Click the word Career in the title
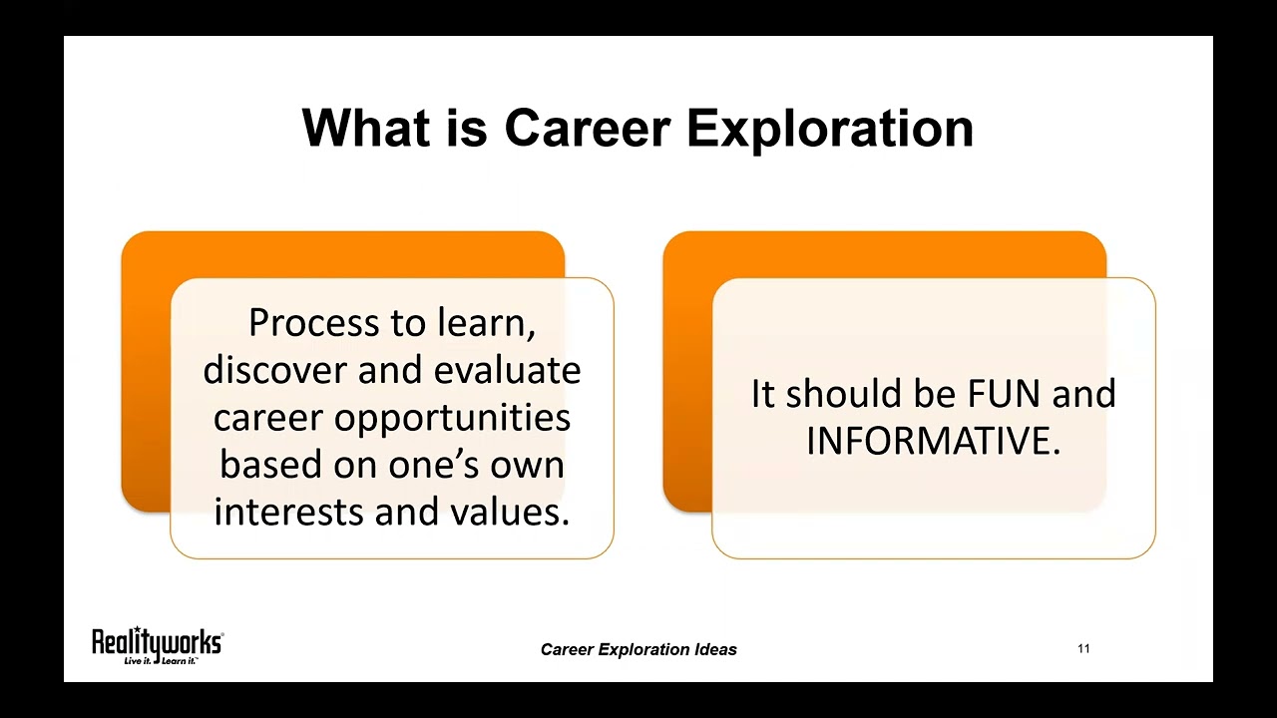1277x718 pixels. (587, 129)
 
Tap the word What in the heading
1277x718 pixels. (364, 129)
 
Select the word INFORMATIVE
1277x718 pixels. (933, 441)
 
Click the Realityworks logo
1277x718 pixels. (158, 642)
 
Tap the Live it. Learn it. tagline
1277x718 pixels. (159, 660)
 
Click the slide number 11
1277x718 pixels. (1083, 649)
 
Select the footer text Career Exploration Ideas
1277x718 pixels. (638, 649)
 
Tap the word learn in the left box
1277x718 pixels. (485, 323)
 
